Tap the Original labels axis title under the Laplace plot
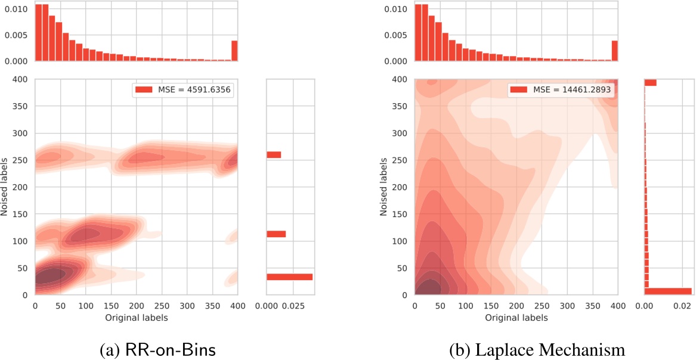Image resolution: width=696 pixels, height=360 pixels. pyautogui.click(x=516, y=318)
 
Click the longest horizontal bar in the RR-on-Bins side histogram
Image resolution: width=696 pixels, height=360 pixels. pyautogui.click(x=289, y=277)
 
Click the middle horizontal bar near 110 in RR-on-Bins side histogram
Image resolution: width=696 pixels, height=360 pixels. pyautogui.click(x=276, y=234)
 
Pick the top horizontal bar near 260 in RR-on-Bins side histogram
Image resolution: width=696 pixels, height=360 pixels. pyautogui.click(x=274, y=155)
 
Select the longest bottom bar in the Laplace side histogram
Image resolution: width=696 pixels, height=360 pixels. pyautogui.click(x=668, y=291)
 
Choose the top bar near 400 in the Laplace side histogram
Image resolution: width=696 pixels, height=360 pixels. pyautogui.click(x=650, y=83)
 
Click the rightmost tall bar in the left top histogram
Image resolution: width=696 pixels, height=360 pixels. pyautogui.click(x=234, y=51)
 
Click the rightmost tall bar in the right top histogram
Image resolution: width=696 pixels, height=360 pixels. pyautogui.click(x=614, y=51)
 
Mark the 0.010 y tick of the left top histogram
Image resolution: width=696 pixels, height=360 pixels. pyautogui.click(x=16, y=9)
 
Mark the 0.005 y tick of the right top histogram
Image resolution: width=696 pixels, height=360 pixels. pyautogui.click(x=396, y=35)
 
